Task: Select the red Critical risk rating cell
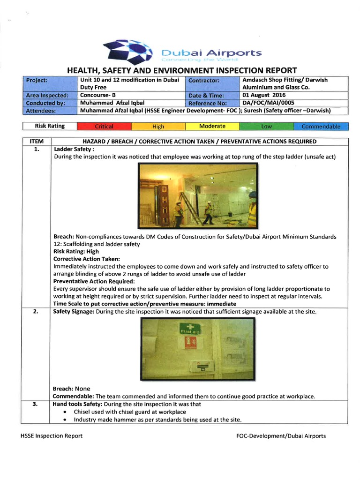[x=104, y=127]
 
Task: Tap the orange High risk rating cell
[x=158, y=127]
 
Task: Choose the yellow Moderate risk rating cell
[x=212, y=127]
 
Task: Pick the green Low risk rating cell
[x=266, y=127]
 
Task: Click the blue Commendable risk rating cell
[x=321, y=127]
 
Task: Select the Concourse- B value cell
[x=98, y=95]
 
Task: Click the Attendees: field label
[x=41, y=111]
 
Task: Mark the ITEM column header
[x=37, y=142]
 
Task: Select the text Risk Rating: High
[x=75, y=251]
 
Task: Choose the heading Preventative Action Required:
[x=94, y=281]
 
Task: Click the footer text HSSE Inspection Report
[x=52, y=436]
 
